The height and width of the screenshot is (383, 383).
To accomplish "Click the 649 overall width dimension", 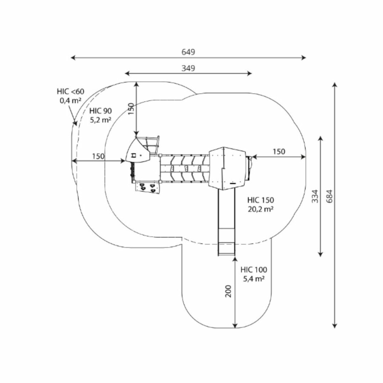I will pos(188,52).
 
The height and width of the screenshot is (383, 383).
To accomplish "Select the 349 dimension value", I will pos(188,68).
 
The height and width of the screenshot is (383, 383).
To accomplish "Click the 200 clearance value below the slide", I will pos(229,291).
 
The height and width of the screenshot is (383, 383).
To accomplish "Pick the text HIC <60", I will pos(71,91).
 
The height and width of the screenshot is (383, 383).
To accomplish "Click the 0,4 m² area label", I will pos(71,101).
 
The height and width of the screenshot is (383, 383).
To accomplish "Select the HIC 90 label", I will pos(100,111).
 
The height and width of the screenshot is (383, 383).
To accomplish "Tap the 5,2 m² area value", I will pos(100,120).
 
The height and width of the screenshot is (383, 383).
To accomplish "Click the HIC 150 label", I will pos(260,200).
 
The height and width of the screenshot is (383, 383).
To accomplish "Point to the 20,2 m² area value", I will pos(260,209).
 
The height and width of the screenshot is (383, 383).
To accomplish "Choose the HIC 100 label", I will pos(254,270).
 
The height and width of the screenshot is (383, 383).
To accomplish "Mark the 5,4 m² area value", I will pos(254,279).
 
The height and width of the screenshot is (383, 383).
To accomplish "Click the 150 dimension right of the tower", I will pos(279,151).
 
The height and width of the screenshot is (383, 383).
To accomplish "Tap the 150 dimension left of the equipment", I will pos(98,156).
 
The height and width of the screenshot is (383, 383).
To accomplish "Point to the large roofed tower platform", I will pos(228,167).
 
